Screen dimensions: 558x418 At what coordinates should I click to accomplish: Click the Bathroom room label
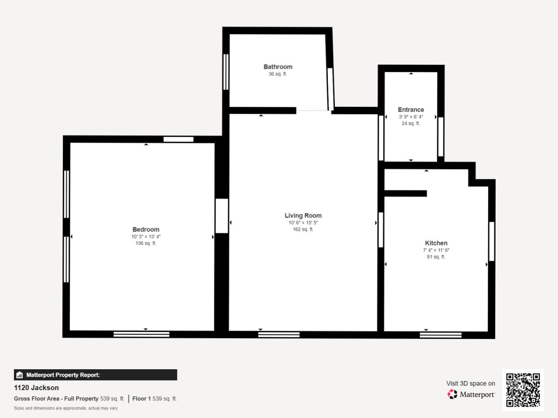278,67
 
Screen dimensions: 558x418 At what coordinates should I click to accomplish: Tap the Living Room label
303,216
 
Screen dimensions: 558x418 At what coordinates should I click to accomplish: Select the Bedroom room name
146,229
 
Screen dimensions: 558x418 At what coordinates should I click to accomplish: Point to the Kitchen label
436,243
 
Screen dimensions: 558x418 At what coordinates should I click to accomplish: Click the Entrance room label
411,110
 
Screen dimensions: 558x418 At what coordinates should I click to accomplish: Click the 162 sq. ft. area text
303,229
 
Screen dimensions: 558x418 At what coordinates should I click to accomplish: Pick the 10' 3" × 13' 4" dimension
146,236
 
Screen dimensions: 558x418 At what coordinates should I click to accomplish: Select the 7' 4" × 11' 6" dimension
436,250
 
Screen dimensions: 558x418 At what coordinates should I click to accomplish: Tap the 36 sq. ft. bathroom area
278,74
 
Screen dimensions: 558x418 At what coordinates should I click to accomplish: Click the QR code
523,390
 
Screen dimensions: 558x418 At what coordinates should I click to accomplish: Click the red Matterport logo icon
452,394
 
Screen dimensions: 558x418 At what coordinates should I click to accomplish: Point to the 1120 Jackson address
36,387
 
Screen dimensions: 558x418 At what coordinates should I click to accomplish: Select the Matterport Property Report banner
96,375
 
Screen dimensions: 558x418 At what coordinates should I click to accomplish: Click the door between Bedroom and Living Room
222,216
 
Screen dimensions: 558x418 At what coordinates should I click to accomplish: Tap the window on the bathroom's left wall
226,72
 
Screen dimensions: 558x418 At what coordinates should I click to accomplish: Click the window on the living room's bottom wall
279,334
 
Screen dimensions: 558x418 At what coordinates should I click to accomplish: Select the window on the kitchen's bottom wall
440,335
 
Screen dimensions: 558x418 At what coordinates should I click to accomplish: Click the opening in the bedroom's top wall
179,139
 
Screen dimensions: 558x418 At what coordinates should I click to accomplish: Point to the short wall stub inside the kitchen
405,193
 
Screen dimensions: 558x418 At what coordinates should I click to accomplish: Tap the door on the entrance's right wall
441,137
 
